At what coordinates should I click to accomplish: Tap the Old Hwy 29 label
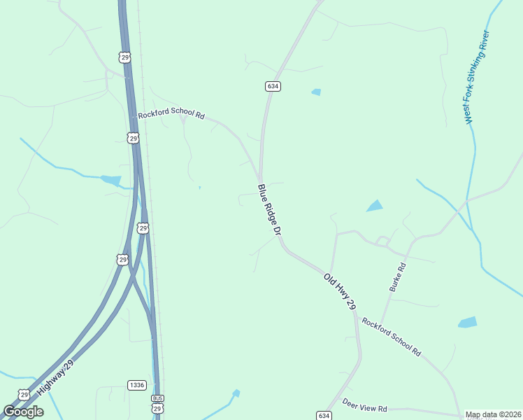(341, 292)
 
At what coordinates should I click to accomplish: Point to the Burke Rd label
(397, 277)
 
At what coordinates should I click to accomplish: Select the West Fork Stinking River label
(478, 78)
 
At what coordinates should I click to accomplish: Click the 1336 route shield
(137, 385)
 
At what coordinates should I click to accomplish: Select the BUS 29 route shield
(157, 404)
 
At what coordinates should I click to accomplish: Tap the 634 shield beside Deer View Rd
(323, 415)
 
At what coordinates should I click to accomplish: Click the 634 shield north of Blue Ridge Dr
(273, 86)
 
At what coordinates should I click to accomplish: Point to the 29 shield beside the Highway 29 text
(25, 395)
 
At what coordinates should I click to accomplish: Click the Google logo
(23, 412)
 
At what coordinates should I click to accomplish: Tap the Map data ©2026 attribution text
(494, 415)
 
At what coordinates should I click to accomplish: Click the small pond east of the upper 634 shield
(317, 92)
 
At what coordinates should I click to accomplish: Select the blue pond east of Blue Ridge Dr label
(375, 206)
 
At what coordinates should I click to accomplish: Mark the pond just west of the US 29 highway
(111, 180)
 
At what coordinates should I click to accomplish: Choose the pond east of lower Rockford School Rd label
(467, 323)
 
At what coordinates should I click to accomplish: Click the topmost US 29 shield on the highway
(124, 57)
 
